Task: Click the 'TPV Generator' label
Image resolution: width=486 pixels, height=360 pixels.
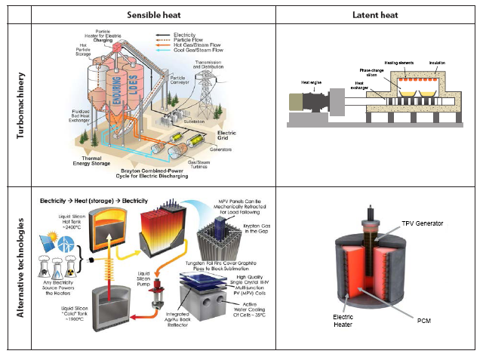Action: tap(423, 224)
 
